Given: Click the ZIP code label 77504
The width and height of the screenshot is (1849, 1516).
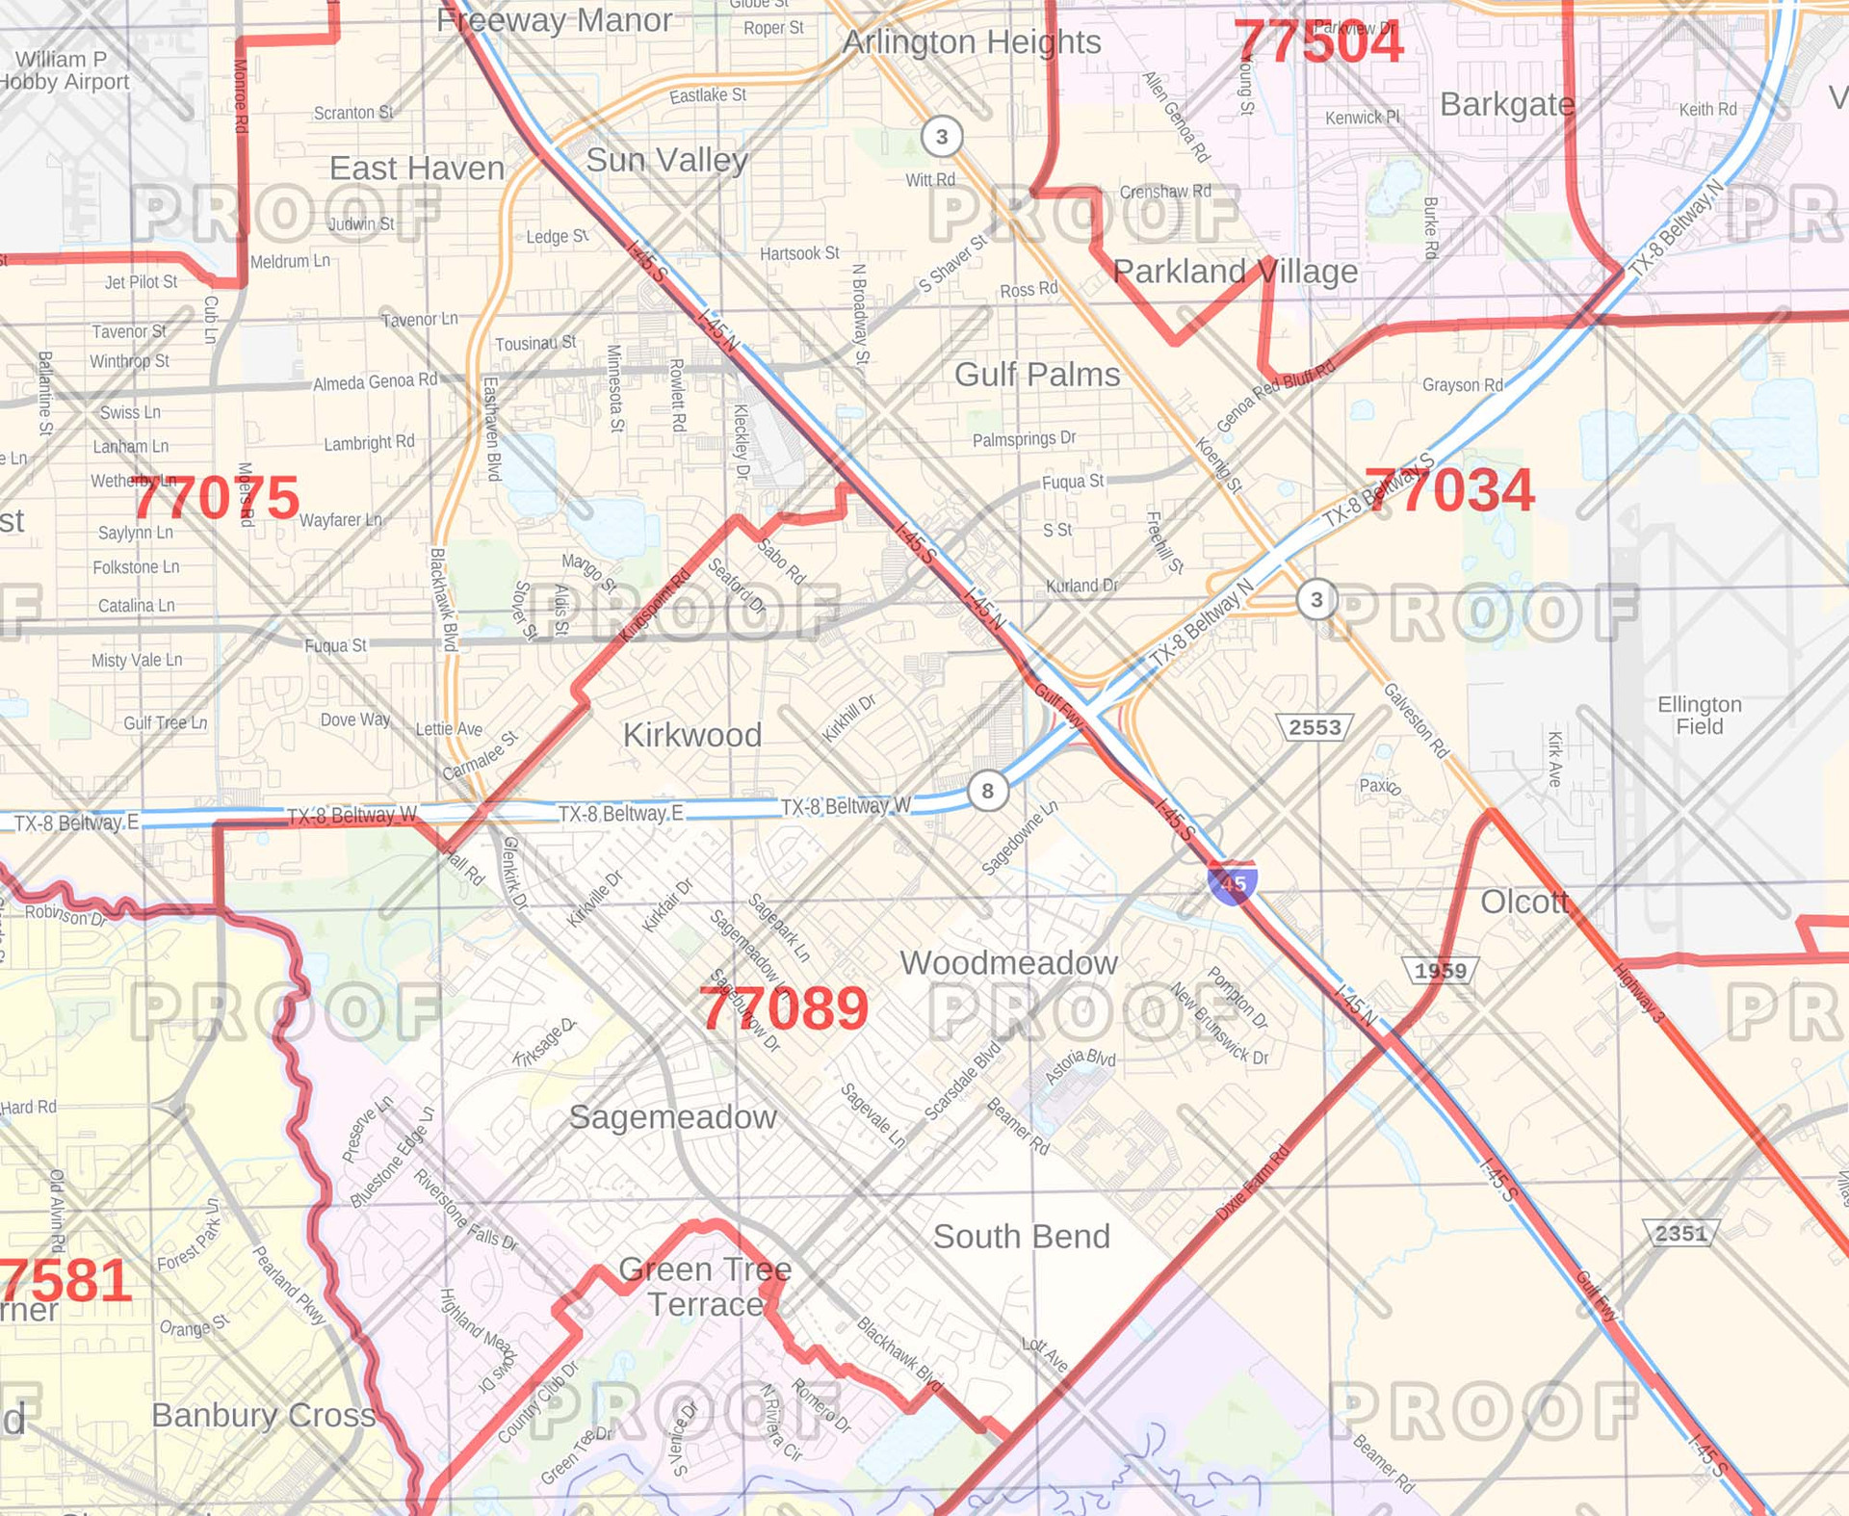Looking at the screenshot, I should coord(1318,43).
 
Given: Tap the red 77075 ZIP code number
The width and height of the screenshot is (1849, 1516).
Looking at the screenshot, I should coord(217,498).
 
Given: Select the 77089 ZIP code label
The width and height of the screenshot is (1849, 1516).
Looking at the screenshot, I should coord(784,1009).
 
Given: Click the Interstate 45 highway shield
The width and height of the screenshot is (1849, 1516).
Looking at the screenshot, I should coord(1232,882).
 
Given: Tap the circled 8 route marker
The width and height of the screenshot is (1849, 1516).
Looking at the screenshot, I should coord(987,792).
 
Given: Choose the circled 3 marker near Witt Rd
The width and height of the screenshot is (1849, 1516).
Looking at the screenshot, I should coord(942,137).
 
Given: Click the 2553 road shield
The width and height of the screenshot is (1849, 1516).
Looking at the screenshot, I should coord(1315,727).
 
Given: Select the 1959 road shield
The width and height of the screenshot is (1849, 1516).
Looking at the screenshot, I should coord(1440,970).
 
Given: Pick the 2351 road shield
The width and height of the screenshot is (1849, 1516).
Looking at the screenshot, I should coord(1680,1233).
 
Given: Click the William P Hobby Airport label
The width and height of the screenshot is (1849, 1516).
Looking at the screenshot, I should coord(64,70).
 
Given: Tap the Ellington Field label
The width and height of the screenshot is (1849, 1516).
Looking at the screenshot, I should coord(1700,715).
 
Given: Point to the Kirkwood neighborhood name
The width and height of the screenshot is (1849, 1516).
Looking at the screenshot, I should coord(691,735).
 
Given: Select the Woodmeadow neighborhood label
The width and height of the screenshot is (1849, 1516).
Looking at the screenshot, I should coord(1008,962).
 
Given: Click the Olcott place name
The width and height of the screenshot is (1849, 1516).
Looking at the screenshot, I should coord(1524,902).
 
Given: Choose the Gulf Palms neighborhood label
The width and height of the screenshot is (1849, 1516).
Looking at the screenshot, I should coord(1037,374).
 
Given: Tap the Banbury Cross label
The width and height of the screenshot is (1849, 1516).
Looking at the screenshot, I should coord(263,1415).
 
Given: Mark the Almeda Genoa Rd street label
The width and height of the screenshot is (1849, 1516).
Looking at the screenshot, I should coord(375,381).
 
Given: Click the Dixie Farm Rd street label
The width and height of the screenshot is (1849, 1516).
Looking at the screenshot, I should coord(1252,1183).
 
